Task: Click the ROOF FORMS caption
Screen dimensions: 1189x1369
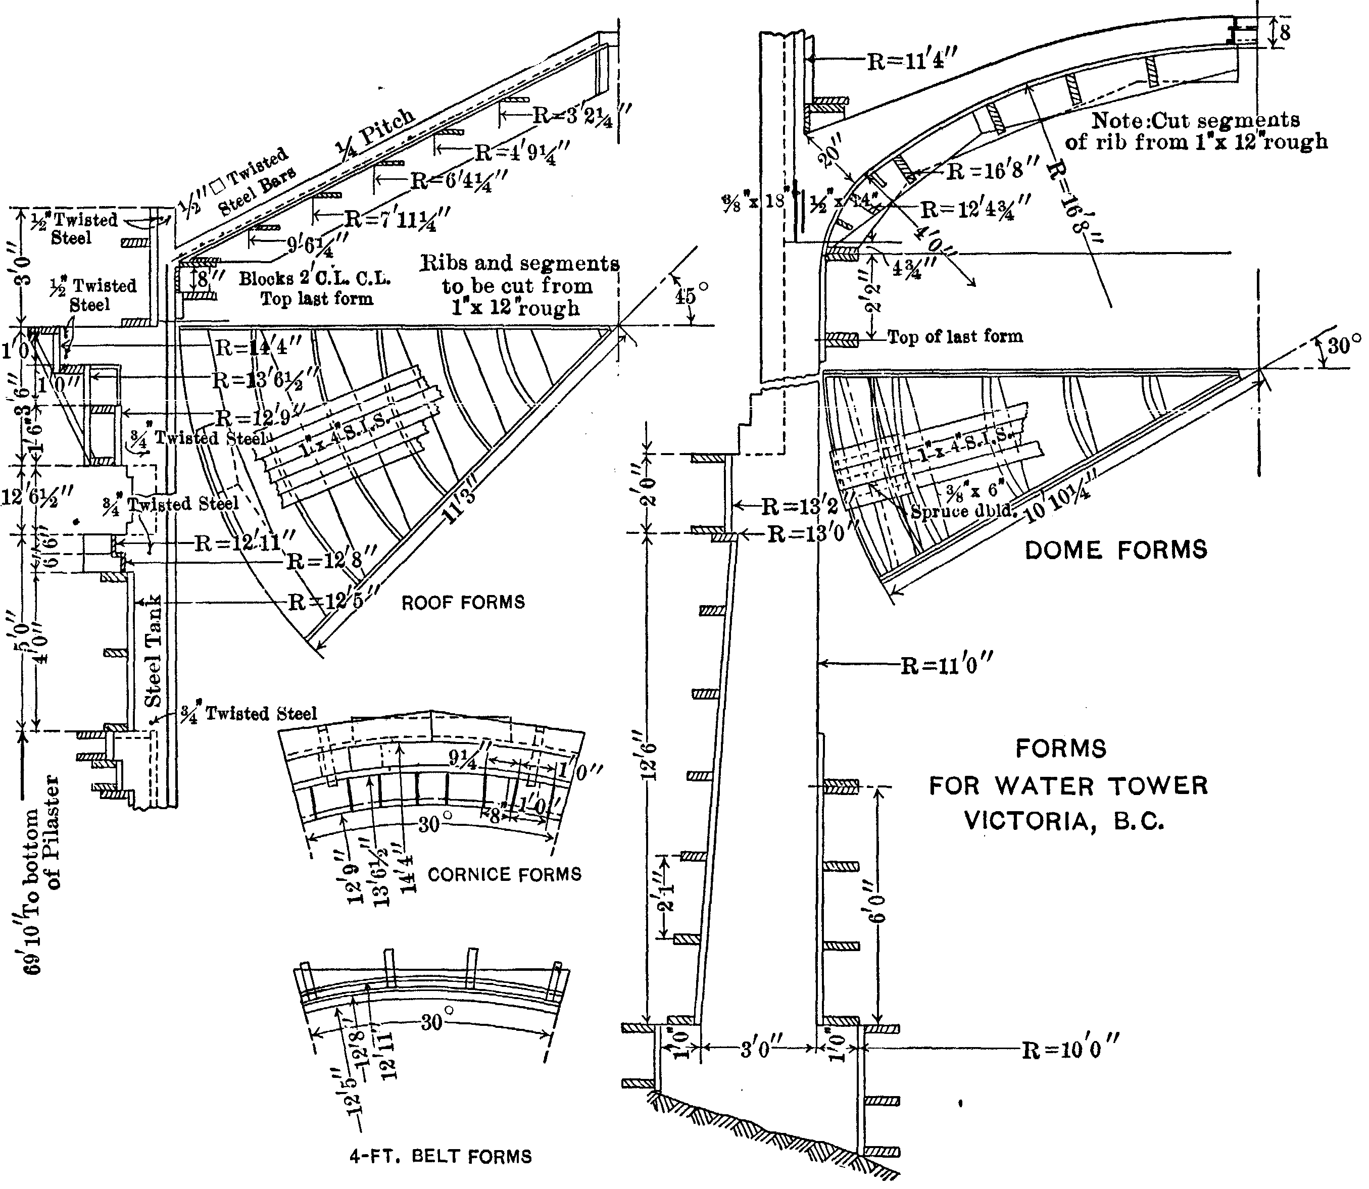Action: pyautogui.click(x=463, y=603)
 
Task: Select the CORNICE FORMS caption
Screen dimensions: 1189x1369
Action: pyautogui.click(x=504, y=874)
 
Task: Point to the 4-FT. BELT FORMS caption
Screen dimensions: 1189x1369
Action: pyautogui.click(x=441, y=1157)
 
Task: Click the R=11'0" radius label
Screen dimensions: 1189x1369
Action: pyautogui.click(x=946, y=665)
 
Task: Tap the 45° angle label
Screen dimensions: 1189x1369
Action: pyautogui.click(x=686, y=295)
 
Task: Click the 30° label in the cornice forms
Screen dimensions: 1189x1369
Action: pyautogui.click(x=432, y=825)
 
